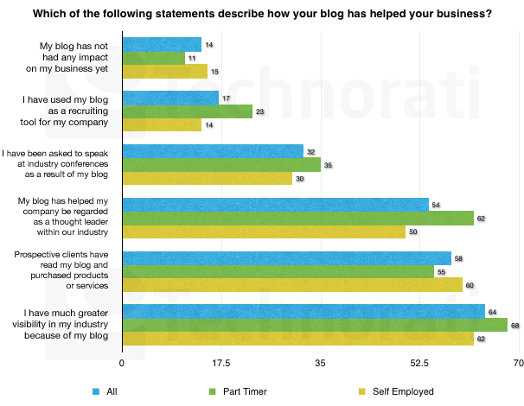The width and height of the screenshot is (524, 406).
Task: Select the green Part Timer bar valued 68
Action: [315, 325]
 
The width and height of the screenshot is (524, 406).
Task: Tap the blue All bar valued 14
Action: [162, 44]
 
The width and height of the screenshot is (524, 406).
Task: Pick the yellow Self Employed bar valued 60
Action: [292, 285]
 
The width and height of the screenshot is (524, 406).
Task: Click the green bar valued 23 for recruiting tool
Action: [187, 111]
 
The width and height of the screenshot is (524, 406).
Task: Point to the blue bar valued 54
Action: [275, 204]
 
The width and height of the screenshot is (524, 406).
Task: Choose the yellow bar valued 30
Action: [207, 179]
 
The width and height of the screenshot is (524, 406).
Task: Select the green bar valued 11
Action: [153, 58]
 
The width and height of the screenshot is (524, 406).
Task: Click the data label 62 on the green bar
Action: [481, 219]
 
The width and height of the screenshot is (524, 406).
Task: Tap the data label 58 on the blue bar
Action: [458, 257]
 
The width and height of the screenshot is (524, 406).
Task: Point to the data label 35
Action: [328, 165]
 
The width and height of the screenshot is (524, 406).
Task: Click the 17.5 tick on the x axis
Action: [220, 364]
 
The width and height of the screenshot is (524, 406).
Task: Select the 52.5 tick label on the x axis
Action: [419, 364]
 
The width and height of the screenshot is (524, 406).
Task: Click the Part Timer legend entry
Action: [243, 391]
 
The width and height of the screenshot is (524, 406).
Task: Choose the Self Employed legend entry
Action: [403, 391]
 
